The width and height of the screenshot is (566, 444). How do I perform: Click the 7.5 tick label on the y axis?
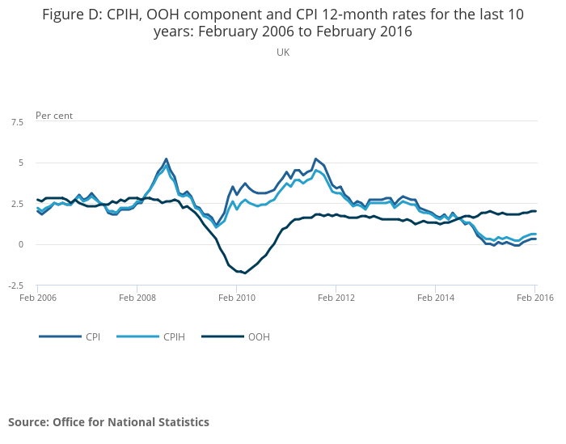click(17, 122)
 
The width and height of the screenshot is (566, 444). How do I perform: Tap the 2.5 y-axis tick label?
click(17, 204)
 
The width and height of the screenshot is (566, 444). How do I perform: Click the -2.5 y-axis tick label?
click(15, 285)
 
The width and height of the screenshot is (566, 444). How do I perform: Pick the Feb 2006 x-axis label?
click(37, 298)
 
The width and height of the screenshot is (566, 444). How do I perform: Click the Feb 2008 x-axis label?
click(137, 298)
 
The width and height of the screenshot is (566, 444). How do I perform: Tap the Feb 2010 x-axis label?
click(236, 298)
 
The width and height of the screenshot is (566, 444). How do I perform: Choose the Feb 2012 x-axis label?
click(336, 298)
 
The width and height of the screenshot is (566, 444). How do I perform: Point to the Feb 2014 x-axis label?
click(436, 298)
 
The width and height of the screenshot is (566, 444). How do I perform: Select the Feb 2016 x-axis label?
click(534, 298)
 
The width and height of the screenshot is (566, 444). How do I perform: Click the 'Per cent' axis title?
click(54, 116)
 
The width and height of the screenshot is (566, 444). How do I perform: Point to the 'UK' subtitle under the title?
click(283, 53)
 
